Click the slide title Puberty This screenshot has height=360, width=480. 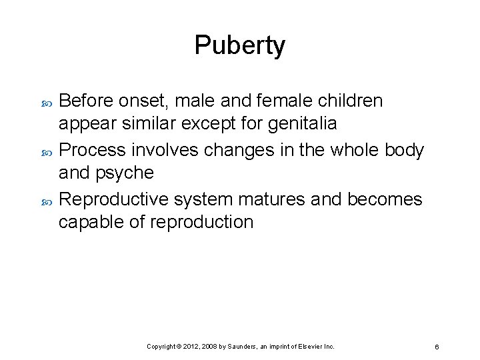pos(240,45)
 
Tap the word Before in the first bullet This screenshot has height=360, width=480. pos(87,101)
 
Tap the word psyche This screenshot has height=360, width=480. pos(126,173)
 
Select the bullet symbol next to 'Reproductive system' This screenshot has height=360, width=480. pos(46,200)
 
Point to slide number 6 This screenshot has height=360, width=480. pos(435,347)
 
